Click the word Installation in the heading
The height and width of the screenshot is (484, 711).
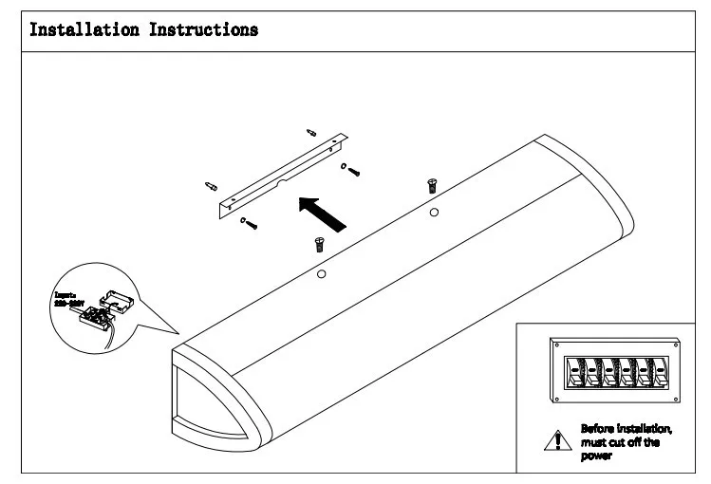[84, 29]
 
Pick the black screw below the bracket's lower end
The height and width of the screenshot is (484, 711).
[251, 226]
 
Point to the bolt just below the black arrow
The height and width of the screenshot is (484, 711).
[319, 243]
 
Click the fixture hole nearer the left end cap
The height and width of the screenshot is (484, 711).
[322, 275]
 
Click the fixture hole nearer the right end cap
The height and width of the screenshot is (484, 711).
[434, 212]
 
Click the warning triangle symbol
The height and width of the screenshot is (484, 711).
[553, 438]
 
